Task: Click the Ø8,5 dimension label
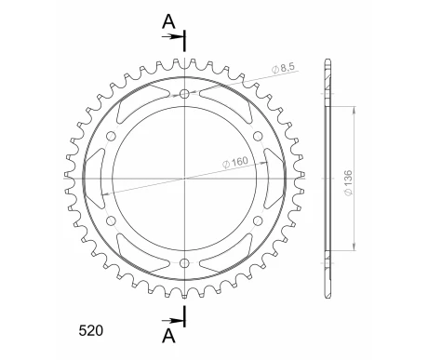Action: pos(283,68)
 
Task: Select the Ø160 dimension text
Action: pos(235,162)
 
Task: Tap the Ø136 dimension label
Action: pos(348,182)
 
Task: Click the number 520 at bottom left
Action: pos(91,331)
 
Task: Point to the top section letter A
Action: pos(168,21)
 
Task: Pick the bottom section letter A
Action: pos(168,336)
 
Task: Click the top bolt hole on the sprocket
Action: pos(184,94)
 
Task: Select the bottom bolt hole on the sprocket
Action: pos(184,263)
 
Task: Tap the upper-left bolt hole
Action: pos(111,136)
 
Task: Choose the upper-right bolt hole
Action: pos(258,136)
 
